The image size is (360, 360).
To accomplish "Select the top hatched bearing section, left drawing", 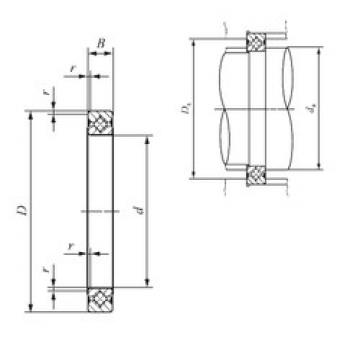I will point(100,125).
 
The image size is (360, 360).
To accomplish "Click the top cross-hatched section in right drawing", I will point(256,44).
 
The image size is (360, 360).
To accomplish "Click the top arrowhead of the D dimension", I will point(33,115).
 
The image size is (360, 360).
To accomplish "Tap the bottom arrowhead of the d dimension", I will point(148,282).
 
